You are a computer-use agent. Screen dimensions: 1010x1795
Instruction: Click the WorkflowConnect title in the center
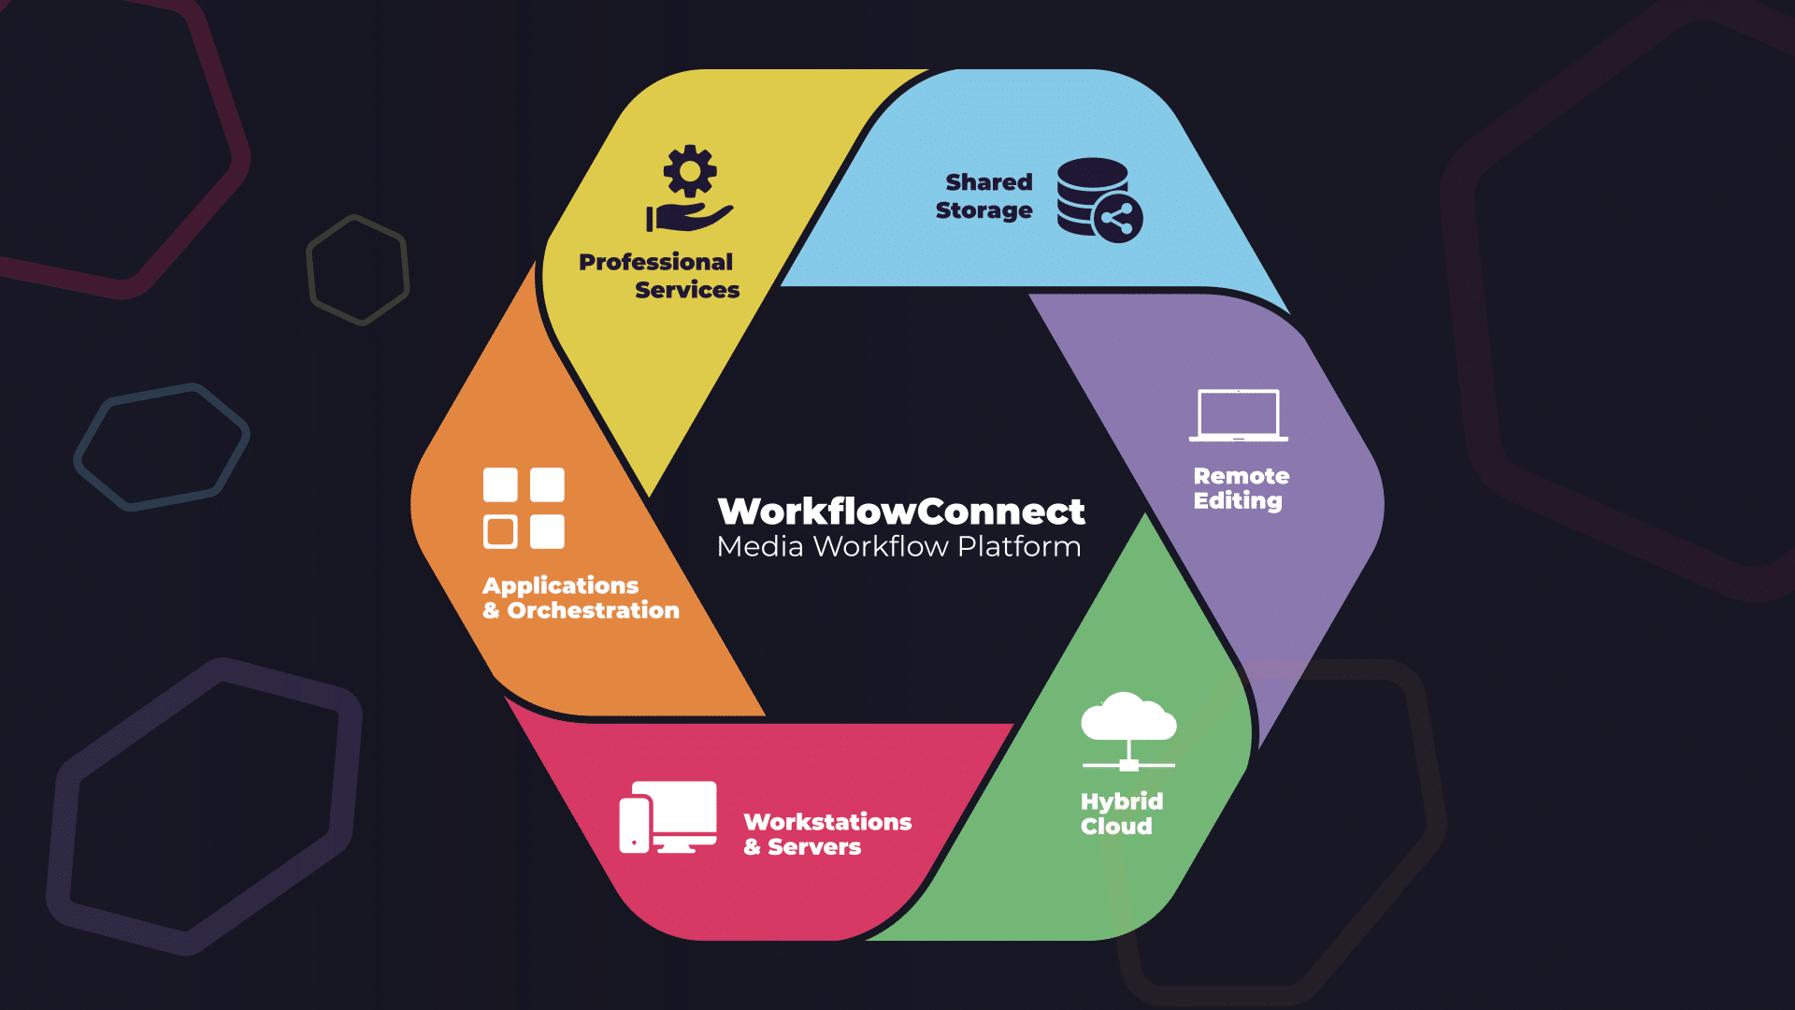click(900, 512)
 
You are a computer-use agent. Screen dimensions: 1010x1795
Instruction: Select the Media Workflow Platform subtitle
click(898, 547)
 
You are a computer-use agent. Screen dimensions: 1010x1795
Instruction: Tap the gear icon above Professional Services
click(690, 171)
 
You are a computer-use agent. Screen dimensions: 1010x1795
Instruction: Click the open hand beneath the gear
click(691, 218)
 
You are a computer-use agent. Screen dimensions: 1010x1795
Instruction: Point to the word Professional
click(655, 262)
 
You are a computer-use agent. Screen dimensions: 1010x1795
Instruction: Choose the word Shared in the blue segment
click(988, 182)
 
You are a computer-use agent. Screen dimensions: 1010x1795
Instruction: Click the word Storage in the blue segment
click(984, 210)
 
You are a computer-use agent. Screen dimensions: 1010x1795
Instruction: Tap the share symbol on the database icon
click(1117, 220)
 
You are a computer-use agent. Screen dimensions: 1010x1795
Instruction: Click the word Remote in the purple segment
click(1241, 476)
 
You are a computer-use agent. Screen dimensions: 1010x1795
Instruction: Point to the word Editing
click(1237, 501)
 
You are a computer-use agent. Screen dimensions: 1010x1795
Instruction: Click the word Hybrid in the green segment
click(1122, 801)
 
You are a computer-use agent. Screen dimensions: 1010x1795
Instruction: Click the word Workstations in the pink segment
click(827, 822)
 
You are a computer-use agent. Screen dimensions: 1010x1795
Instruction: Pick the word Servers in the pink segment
click(814, 847)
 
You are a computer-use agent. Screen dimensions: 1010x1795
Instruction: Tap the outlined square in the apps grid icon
click(500, 531)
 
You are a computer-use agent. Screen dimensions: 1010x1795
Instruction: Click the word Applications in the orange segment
click(560, 585)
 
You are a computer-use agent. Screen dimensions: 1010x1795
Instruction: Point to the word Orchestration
click(593, 611)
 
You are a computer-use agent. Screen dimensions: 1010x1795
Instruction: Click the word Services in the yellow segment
click(687, 290)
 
